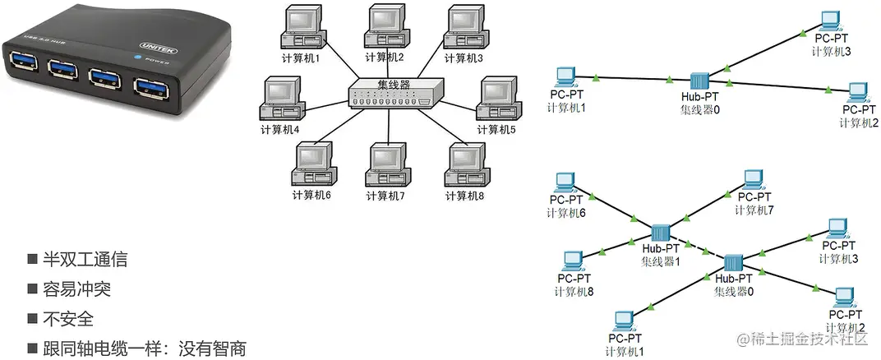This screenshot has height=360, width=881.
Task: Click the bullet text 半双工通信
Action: click(x=85, y=260)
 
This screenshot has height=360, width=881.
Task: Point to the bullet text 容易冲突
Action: click(x=76, y=289)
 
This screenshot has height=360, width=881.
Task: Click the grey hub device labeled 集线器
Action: click(x=394, y=94)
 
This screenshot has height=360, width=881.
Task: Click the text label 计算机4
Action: click(x=279, y=130)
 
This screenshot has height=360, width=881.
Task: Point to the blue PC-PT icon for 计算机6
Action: click(x=565, y=181)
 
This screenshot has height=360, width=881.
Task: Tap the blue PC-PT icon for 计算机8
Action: click(x=570, y=260)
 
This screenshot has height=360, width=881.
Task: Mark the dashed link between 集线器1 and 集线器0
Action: click(x=695, y=249)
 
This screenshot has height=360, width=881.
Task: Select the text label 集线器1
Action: click(x=660, y=261)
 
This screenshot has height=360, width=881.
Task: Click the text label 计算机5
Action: click(x=496, y=130)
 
